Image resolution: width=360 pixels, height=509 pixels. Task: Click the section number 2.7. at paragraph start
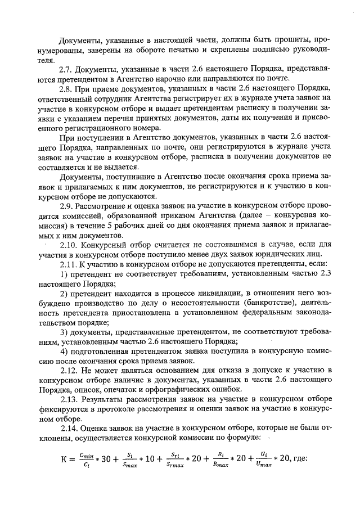[67, 69]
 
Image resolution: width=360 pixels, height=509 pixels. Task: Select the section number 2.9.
[67, 206]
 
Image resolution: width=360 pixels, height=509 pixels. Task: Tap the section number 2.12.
[69, 371]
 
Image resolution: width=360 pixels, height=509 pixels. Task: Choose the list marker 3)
[64, 333]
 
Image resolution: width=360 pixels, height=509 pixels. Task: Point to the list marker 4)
[64, 352]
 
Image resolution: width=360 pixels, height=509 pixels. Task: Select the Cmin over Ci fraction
[87, 459]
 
